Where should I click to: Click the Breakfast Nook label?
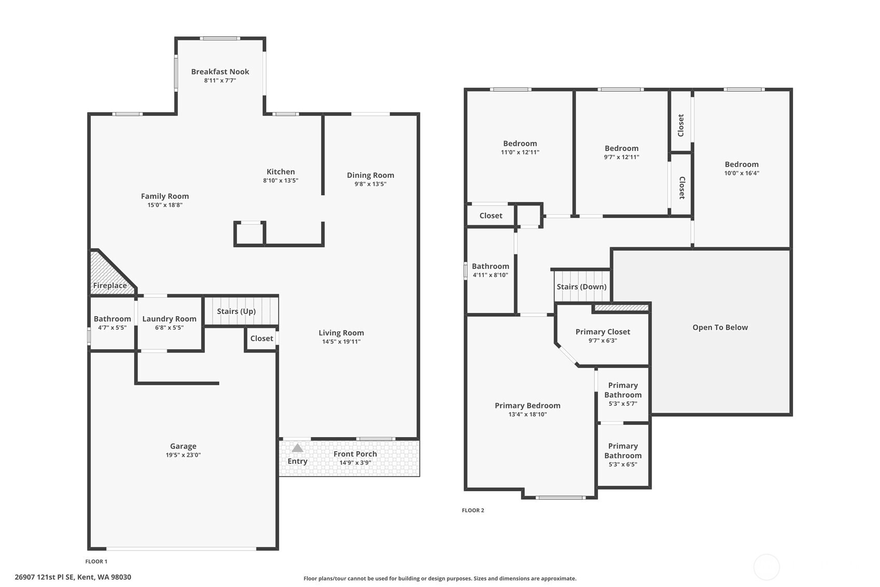point(220,72)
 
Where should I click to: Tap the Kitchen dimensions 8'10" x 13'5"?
point(281,181)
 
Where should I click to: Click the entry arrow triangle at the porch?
point(297,448)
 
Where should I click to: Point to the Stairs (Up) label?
point(236,311)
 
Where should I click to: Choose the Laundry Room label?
point(170,319)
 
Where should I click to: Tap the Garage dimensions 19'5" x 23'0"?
point(183,455)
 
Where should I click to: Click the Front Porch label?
point(355,454)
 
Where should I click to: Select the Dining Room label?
point(370,175)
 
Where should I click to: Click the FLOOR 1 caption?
point(96,562)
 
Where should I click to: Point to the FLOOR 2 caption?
point(473,510)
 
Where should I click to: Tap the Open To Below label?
point(720,327)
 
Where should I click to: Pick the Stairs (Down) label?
point(581,286)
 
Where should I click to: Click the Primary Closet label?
point(603,332)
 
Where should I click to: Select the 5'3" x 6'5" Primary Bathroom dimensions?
point(623,465)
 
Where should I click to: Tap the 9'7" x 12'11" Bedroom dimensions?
point(622,157)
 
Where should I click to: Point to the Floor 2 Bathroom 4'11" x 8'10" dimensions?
point(490,275)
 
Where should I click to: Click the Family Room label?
point(165,196)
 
